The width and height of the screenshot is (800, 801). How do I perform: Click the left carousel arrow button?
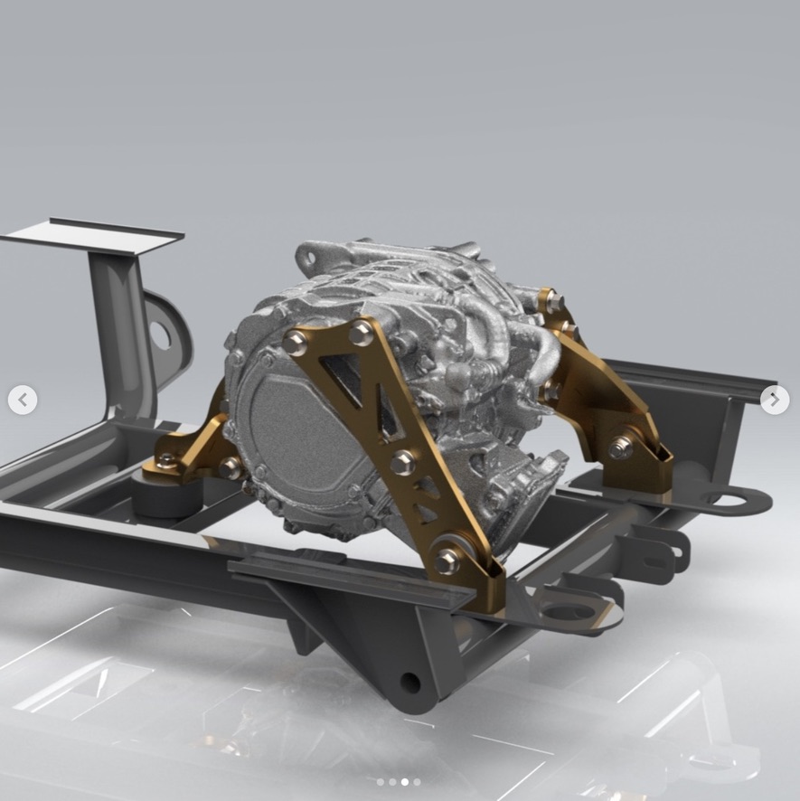click(23, 399)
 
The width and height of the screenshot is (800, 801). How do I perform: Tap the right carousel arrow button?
click(775, 399)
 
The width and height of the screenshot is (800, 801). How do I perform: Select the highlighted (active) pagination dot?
click(404, 782)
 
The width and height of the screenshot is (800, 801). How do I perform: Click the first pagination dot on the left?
click(381, 782)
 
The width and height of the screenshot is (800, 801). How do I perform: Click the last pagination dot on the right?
click(417, 782)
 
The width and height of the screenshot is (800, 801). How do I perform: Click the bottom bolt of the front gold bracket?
click(447, 561)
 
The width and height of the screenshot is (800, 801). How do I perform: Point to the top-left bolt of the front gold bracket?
click(296, 341)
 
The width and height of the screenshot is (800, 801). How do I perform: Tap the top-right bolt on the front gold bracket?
click(362, 333)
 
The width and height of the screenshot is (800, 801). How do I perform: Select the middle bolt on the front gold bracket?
click(403, 462)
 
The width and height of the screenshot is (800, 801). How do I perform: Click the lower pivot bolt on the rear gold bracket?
click(621, 447)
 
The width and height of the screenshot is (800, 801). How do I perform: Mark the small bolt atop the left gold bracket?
click(165, 460)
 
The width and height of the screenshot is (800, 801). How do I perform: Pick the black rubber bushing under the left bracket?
click(167, 498)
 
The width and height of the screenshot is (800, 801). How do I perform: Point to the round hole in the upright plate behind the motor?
click(161, 335)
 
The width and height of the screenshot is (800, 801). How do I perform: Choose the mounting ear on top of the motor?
click(311, 256)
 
